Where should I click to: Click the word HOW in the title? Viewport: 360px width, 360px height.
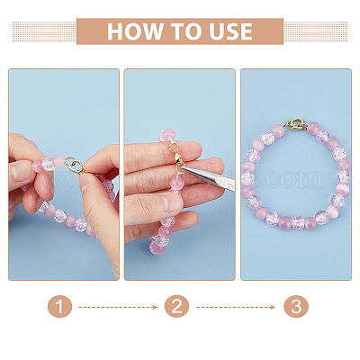tap(135, 31)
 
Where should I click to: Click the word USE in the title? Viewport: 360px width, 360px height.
tap(230, 31)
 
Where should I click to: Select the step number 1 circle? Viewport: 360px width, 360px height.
tap(59, 307)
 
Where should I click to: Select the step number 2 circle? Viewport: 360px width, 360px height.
tap(176, 307)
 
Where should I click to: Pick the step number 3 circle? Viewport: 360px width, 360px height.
tap(296, 307)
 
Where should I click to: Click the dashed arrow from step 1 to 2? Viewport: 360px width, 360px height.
tap(118, 307)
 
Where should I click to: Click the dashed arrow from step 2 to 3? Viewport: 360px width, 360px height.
tap(236, 307)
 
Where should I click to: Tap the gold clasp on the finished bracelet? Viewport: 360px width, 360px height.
tap(297, 124)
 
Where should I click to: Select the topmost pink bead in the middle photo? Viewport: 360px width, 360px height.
tap(166, 136)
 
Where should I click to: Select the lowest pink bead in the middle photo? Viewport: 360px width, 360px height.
tap(157, 247)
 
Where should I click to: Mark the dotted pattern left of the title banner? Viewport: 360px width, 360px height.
tap(44, 31)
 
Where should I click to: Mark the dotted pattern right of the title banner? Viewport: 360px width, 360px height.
tap(316, 31)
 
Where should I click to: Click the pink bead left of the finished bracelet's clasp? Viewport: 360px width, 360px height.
tap(278, 131)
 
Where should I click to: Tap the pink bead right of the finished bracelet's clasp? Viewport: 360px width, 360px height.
tap(313, 128)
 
